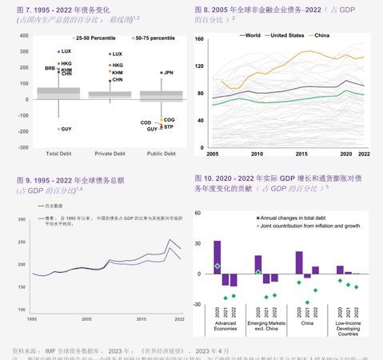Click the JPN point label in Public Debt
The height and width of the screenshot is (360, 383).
pos(168,72)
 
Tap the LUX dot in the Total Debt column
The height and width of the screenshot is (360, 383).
pos(58,51)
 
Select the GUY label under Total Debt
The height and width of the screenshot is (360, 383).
pos(66,129)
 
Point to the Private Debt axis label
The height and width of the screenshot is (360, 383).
pos(108,154)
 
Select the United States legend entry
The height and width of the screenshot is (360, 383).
pos(284,35)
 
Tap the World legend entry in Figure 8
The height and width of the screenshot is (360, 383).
pos(249,35)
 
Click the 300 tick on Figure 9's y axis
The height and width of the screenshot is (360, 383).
pos(24,224)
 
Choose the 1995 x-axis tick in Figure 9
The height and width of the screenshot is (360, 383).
pos(31,319)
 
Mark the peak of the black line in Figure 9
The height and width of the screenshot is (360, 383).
pos(169,239)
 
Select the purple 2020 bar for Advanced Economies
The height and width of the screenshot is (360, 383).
pos(217,257)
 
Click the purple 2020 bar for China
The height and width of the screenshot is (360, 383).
pos(297,262)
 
